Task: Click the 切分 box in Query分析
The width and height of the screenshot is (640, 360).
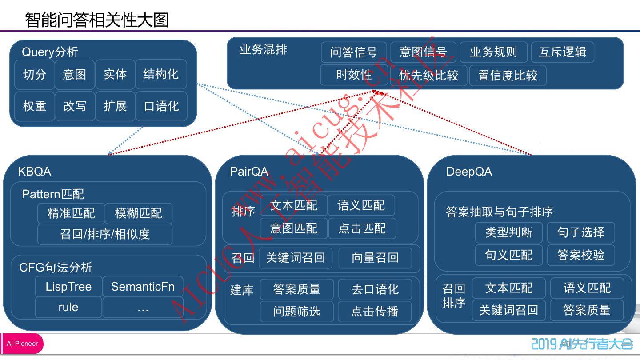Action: tap(35, 74)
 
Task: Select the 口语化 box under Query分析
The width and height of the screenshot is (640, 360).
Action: tap(161, 106)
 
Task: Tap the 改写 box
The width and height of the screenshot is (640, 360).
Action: tap(75, 106)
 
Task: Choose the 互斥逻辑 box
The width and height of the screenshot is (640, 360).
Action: tap(562, 52)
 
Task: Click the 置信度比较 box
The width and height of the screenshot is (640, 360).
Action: tap(508, 75)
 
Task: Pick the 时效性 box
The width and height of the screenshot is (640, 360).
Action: tap(354, 75)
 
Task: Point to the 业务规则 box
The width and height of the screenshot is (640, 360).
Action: tap(493, 52)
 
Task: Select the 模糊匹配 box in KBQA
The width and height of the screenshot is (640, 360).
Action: tap(138, 213)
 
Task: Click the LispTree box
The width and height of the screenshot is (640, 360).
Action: tap(68, 287)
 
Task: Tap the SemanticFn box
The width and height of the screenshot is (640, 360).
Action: tap(142, 287)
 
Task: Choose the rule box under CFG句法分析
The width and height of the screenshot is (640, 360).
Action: tap(68, 308)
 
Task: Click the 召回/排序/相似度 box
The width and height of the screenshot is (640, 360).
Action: tap(105, 234)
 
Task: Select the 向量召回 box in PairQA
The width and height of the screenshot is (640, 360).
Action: tap(375, 258)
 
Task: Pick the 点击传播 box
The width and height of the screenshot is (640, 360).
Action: tap(375, 312)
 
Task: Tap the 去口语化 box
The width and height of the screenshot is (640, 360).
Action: tap(375, 290)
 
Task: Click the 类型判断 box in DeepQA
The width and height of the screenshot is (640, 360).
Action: tap(508, 232)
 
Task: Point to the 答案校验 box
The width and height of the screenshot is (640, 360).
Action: tap(581, 255)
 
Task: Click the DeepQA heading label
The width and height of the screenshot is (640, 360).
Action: tap(469, 172)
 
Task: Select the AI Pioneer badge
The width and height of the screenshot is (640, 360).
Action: tap(22, 344)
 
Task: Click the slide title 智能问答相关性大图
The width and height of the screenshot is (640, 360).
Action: tap(97, 20)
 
